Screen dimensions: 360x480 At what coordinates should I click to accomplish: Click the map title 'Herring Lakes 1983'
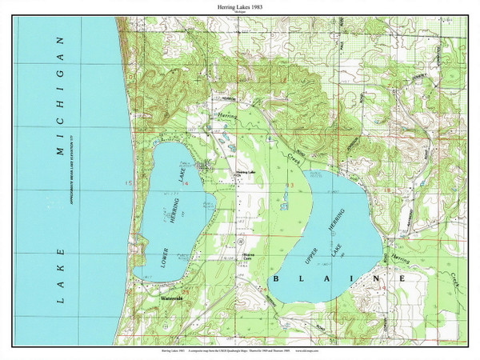tap(239, 6)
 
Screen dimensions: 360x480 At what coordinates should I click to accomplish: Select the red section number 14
tap(186, 183)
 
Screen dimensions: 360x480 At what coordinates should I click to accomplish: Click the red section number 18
tap(386, 190)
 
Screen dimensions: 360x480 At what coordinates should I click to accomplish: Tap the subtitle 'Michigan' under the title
tap(239, 14)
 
